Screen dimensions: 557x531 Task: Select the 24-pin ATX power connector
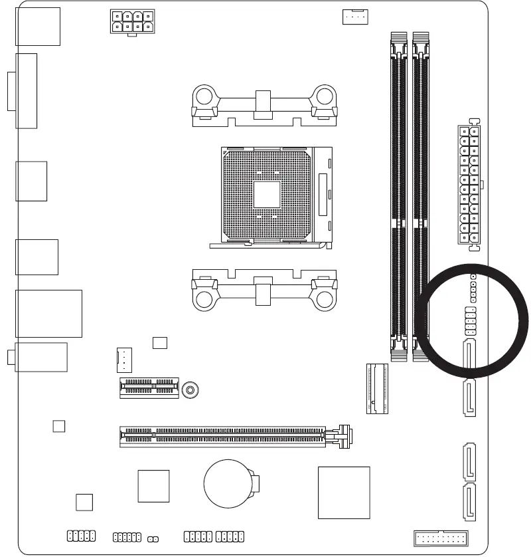coord(470,185)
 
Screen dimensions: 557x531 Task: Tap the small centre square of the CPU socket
coord(267,194)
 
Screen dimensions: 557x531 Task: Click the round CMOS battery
coord(229,484)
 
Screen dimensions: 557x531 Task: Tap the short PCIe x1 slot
coord(149,388)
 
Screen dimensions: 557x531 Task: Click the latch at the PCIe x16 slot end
coord(344,436)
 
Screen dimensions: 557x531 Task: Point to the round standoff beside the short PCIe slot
coord(191,390)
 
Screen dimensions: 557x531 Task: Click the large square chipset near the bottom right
coord(343,492)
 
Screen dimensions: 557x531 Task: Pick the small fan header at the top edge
coord(354,17)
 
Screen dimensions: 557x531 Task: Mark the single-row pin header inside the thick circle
coord(473,287)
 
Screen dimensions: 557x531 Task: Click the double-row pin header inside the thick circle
coord(470,322)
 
